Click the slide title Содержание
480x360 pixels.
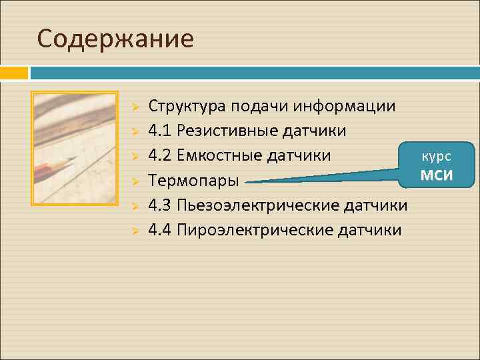(x=115, y=39)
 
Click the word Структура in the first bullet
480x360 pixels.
(x=187, y=106)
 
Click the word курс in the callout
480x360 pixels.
(x=437, y=156)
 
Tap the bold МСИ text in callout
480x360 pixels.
(x=436, y=175)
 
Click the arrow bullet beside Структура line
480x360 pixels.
(x=134, y=107)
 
